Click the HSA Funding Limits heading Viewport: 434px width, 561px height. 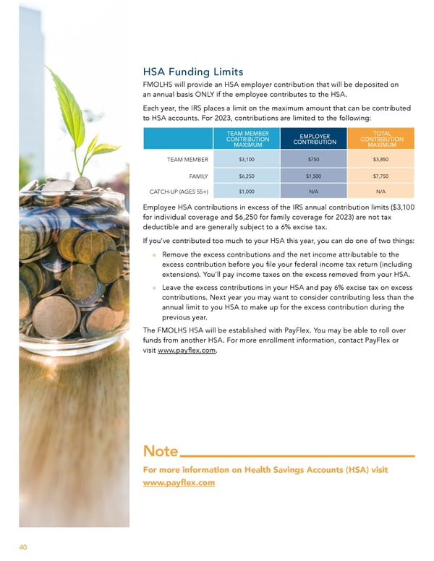point(194,72)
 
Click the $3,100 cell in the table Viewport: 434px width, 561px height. point(246,160)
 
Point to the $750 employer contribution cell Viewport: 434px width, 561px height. point(314,160)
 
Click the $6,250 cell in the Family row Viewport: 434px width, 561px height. point(246,176)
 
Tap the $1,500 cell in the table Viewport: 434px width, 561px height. point(314,176)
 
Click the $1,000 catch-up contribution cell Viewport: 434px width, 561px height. point(246,192)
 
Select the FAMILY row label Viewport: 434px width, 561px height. point(199,176)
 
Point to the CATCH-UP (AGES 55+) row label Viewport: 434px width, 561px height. point(178,192)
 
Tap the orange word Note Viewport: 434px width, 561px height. point(160,452)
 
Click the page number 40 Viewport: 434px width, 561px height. point(23,547)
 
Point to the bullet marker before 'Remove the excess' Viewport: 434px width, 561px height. point(155,255)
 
